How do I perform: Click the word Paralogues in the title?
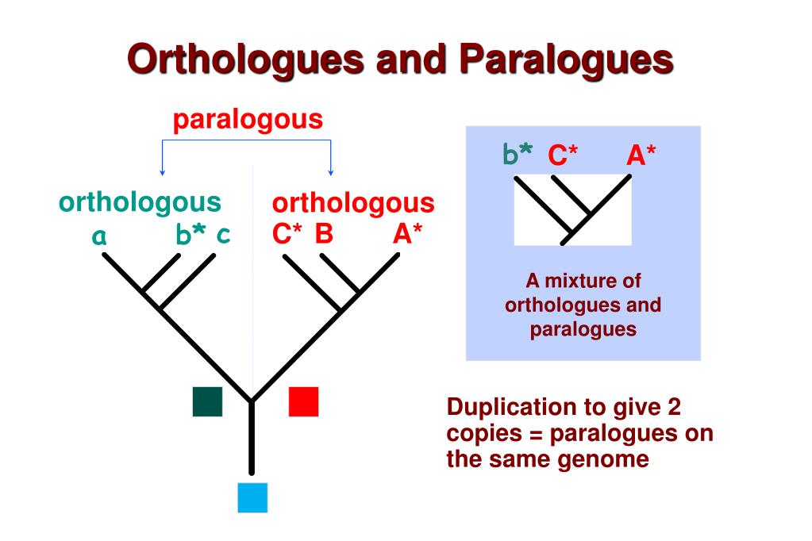[x=576, y=60]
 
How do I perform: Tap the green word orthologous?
[x=140, y=203]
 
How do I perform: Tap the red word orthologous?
[x=353, y=203]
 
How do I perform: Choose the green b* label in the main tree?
[x=190, y=234]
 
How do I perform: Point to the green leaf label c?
[x=224, y=234]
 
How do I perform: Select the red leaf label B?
[x=323, y=235]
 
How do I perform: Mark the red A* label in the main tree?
[x=407, y=235]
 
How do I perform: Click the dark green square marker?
[x=207, y=401]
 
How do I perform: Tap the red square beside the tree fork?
[x=303, y=401]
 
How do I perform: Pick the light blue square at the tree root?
[x=252, y=497]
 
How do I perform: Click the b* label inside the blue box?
[x=518, y=155]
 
